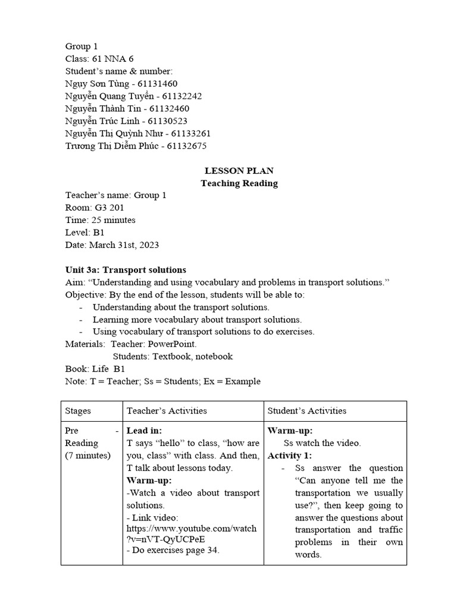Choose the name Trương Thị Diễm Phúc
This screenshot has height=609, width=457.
[x=112, y=146]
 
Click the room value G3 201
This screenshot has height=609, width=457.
[x=105, y=208]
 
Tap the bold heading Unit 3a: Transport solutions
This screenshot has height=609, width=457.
[x=126, y=270]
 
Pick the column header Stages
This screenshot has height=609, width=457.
[x=78, y=411]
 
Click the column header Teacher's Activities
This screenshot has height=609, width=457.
[x=167, y=411]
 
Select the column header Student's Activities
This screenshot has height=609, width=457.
[x=307, y=411]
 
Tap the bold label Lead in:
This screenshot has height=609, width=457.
[x=145, y=431]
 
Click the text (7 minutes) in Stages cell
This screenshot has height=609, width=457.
[x=88, y=456]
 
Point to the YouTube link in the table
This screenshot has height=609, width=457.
[x=192, y=533]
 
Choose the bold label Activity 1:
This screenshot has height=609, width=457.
[x=289, y=456]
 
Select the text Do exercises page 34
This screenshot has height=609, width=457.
[x=174, y=550]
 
